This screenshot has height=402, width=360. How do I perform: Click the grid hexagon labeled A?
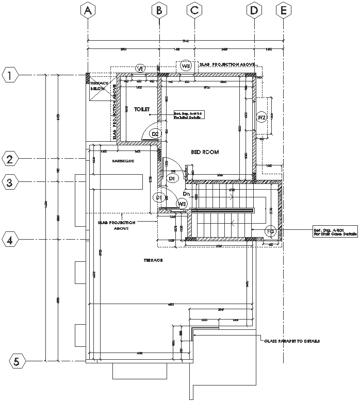(x=88, y=10)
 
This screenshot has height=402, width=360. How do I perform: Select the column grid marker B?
(x=159, y=10)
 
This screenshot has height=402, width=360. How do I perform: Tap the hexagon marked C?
(x=194, y=10)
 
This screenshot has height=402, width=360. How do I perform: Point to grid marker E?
(x=283, y=10)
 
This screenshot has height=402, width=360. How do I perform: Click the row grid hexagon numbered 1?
(x=10, y=75)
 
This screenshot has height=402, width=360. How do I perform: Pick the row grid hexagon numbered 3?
(x=10, y=181)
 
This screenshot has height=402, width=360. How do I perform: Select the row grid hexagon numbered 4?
(x=10, y=239)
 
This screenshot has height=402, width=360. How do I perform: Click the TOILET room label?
(x=141, y=109)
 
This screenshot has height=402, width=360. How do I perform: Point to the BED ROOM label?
(x=205, y=152)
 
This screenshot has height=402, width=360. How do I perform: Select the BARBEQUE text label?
(x=123, y=161)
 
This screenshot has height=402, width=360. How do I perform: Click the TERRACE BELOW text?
(x=98, y=86)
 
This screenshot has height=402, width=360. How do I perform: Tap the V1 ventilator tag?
(x=140, y=69)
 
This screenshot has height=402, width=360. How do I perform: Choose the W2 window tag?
(x=261, y=117)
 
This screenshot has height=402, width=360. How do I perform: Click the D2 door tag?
(x=155, y=134)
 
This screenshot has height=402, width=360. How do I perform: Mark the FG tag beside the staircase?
(x=270, y=232)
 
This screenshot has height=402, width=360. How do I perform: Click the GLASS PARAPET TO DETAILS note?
(x=292, y=341)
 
